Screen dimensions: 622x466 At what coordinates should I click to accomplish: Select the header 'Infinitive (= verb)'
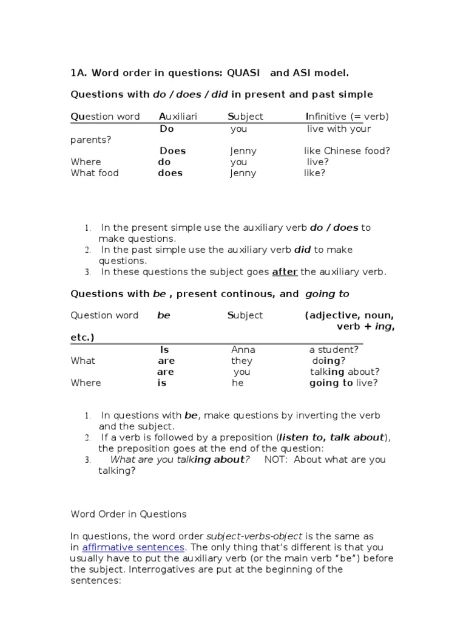[x=347, y=116]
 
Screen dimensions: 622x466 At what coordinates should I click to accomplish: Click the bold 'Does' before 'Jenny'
[x=172, y=151]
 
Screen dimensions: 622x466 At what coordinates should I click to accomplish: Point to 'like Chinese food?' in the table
[x=347, y=151]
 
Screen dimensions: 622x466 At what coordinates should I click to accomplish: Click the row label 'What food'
[x=95, y=173]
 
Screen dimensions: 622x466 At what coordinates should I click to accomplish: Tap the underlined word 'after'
[x=285, y=272]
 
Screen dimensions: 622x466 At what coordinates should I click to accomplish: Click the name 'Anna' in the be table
[x=243, y=349]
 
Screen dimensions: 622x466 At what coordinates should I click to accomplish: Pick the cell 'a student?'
[x=334, y=349]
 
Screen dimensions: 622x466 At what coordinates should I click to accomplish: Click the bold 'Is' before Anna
[x=164, y=349]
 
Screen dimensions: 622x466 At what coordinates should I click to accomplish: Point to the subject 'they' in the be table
[x=241, y=360]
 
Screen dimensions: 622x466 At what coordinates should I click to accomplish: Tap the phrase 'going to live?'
[x=343, y=383]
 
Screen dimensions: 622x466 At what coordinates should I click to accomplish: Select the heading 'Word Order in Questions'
[x=129, y=514]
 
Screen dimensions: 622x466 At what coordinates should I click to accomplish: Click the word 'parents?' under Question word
[x=91, y=140]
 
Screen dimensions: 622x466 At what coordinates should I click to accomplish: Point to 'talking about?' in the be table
[x=345, y=372]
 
